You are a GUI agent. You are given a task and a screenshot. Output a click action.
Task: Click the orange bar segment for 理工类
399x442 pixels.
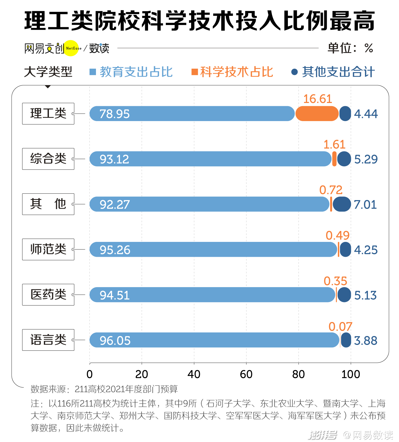(x=317, y=114)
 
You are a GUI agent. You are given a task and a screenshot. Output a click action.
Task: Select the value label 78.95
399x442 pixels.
(x=115, y=114)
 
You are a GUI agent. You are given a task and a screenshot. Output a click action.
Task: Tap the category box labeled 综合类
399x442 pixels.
(x=48, y=159)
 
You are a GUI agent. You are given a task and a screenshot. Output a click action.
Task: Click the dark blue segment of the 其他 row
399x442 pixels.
(x=342, y=204)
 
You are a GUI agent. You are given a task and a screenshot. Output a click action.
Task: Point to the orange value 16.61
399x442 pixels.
(x=318, y=99)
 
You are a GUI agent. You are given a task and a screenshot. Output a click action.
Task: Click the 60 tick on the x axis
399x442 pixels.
(x=246, y=374)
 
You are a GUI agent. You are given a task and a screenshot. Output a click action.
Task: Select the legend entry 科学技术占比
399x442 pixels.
(x=232, y=72)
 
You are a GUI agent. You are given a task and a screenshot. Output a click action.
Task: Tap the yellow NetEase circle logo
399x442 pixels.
(x=71, y=48)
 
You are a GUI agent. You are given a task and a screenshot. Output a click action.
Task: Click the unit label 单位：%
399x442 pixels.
(x=350, y=48)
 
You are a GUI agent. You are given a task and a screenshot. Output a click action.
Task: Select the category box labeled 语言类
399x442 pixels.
(x=48, y=340)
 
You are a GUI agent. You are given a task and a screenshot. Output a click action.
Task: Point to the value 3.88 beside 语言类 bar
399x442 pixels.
(x=366, y=341)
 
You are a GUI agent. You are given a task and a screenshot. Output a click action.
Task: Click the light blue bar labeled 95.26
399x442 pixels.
(x=213, y=249)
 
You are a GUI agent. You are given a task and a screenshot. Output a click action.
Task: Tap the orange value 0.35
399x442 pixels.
(x=335, y=281)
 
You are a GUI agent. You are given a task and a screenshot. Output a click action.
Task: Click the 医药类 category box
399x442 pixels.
(x=48, y=295)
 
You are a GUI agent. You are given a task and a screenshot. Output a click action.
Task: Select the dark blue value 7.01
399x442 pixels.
(x=365, y=205)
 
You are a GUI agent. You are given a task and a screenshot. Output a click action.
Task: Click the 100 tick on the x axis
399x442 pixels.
(x=351, y=374)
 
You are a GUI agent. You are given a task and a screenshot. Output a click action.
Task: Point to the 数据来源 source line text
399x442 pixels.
(x=104, y=389)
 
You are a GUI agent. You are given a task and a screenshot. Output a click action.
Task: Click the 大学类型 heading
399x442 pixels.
(x=48, y=72)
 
